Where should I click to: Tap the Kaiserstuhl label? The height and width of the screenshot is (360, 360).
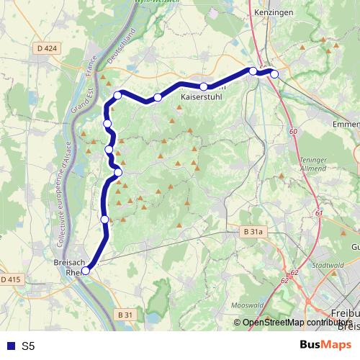[x=202, y=96]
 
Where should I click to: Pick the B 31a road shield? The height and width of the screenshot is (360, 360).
[x=253, y=232]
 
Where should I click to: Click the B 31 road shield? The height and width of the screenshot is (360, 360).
[x=125, y=315]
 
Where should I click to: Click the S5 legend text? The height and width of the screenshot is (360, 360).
[x=28, y=346]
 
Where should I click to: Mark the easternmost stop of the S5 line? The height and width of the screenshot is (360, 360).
[x=274, y=74]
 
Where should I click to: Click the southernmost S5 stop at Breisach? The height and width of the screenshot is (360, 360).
[x=86, y=271]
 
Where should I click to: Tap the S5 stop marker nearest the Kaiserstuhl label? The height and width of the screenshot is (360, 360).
[x=204, y=87]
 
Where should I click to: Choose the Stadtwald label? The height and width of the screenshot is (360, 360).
[x=328, y=265]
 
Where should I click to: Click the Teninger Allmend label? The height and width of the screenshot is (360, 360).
[x=315, y=163]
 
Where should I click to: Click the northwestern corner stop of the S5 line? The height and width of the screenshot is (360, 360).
[x=117, y=95]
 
